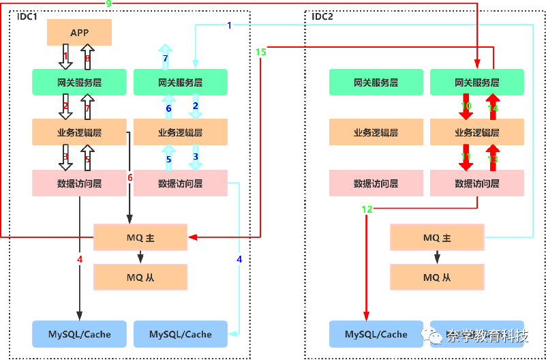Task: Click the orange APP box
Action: pyautogui.click(x=80, y=32)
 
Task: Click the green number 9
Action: pyautogui.click(x=108, y=4)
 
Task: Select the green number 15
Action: pyautogui.click(x=261, y=52)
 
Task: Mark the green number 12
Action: pyautogui.click(x=367, y=209)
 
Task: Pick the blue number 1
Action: pyautogui.click(x=229, y=26)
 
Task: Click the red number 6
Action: pyautogui.click(x=130, y=177)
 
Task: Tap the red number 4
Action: pyautogui.click(x=80, y=259)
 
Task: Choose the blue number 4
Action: pyautogui.click(x=239, y=259)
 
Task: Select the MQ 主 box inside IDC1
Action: pyautogui.click(x=140, y=238)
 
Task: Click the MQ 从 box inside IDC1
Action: pyautogui.click(x=140, y=277)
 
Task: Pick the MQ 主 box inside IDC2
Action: pyautogui.click(x=436, y=238)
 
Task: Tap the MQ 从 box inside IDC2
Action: pyautogui.click(x=436, y=277)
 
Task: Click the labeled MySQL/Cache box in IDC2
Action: pyautogui.click(x=376, y=334)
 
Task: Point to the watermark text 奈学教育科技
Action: pyautogui.click(x=487, y=335)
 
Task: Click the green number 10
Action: pyautogui.click(x=466, y=106)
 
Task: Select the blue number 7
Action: pyautogui.click(x=165, y=59)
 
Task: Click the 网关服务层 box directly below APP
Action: pyautogui.click(x=80, y=82)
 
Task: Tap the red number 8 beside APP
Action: pyautogui.click(x=87, y=59)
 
